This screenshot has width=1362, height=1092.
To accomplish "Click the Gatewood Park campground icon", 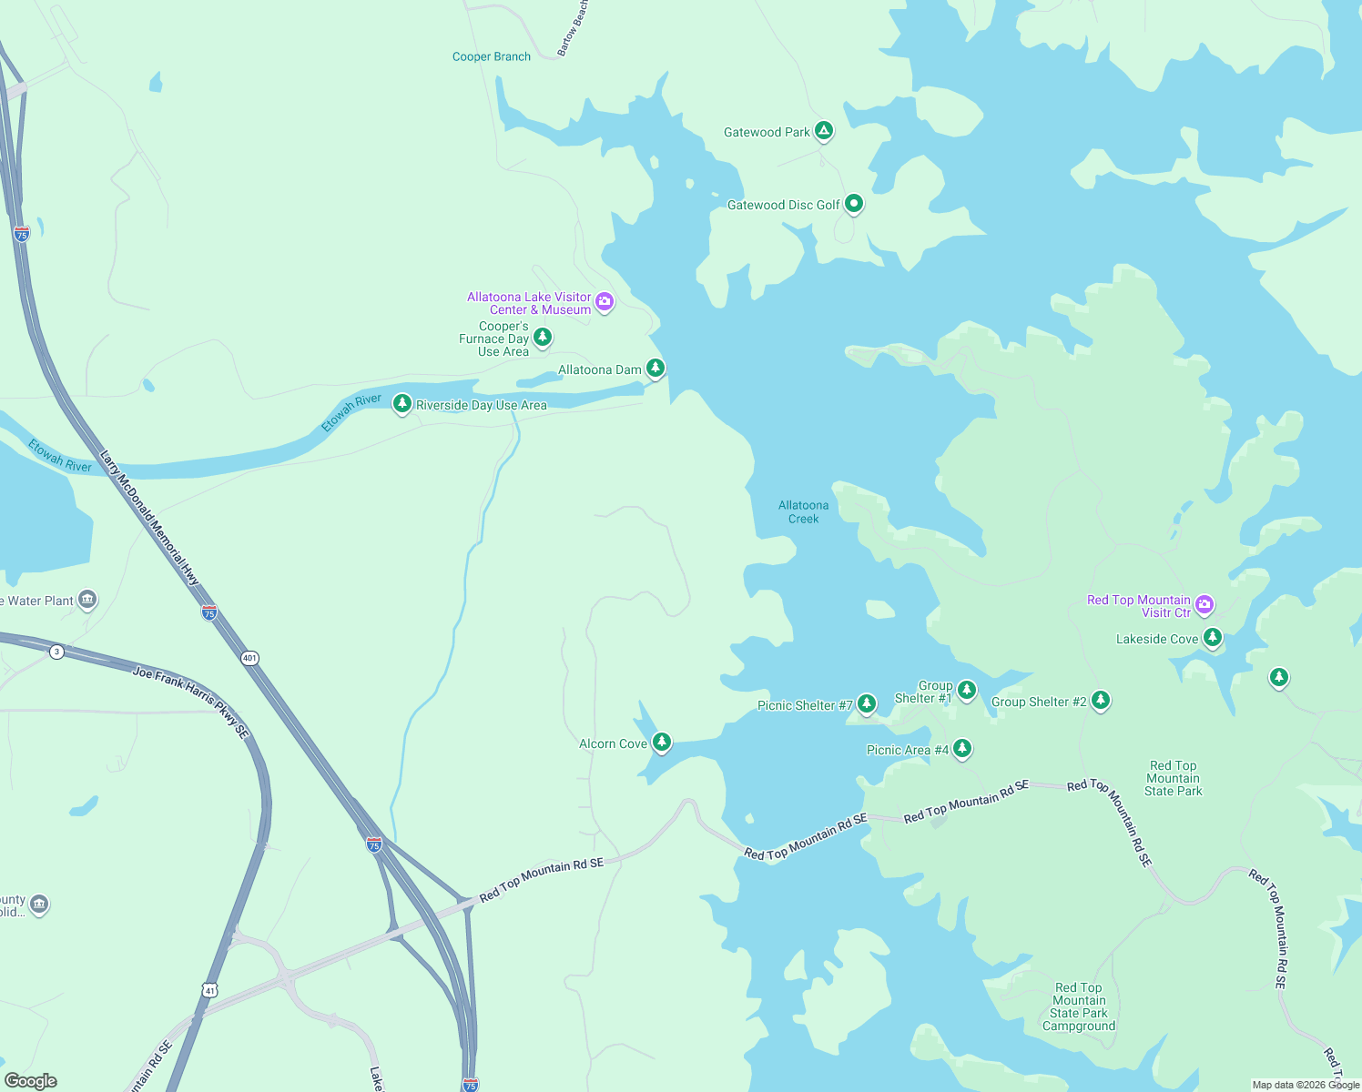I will (x=823, y=131).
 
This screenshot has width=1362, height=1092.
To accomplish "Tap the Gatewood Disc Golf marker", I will (x=853, y=204).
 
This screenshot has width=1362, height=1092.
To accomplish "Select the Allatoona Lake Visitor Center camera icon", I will (x=605, y=301).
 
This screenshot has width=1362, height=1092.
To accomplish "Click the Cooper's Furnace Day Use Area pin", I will (x=543, y=338).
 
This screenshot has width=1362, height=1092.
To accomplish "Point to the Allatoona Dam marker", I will (x=655, y=368).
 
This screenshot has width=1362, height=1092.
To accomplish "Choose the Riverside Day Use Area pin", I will (x=401, y=403).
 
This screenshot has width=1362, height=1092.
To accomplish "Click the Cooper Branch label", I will (x=492, y=56).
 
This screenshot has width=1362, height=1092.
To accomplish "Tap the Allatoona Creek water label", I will (x=803, y=511).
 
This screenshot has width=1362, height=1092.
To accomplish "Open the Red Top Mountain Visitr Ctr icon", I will (x=1204, y=604).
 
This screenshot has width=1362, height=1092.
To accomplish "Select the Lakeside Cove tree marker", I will (x=1212, y=637).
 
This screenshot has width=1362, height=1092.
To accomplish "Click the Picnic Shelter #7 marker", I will (x=867, y=703).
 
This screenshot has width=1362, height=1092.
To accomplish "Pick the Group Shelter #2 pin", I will (x=1101, y=700).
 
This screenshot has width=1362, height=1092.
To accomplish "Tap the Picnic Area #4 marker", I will (x=962, y=748).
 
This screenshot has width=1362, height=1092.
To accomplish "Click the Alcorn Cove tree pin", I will (x=662, y=743).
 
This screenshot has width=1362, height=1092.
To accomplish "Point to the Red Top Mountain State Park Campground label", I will (x=1079, y=1006).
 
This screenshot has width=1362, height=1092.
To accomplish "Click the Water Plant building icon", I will (x=87, y=599).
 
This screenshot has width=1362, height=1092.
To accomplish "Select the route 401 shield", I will (x=249, y=658).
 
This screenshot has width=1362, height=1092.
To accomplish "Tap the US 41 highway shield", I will (x=210, y=990).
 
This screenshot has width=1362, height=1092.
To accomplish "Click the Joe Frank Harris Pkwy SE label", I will (x=191, y=701).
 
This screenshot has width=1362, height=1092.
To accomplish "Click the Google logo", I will (x=30, y=1080).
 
